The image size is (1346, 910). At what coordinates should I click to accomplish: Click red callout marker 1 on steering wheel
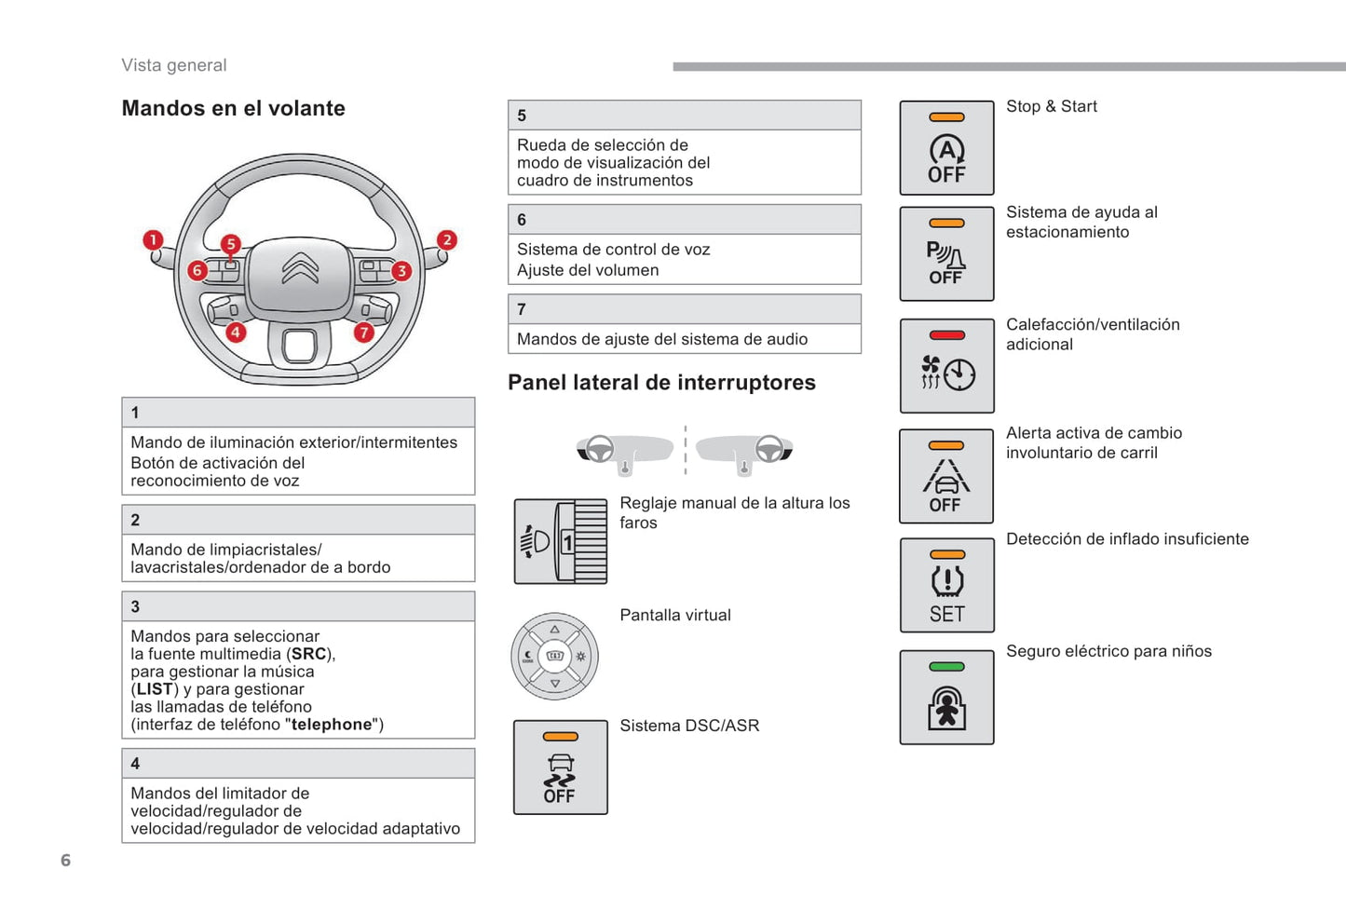pos(153,240)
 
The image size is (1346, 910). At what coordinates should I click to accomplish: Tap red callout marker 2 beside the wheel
pos(447,240)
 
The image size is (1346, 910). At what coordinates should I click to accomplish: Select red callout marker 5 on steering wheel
pos(230,244)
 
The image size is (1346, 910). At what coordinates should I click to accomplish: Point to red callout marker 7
pos(363,332)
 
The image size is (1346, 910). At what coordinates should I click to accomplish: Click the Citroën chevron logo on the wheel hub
pos(300,267)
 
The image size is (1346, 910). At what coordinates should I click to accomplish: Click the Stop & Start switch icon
pos(946,148)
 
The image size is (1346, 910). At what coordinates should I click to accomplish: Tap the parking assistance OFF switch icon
pos(946,254)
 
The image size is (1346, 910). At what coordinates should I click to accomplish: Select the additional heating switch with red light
pos(946,366)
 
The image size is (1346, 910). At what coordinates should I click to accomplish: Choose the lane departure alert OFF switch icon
pos(946,477)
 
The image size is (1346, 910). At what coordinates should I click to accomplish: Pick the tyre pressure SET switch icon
pos(946,586)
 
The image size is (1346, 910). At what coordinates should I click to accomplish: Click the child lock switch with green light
pos(946,698)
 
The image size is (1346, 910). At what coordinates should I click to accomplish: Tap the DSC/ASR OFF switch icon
pos(560,767)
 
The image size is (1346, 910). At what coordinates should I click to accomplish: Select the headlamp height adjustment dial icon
pos(561,541)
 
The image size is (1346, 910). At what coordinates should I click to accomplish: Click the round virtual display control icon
pos(555,656)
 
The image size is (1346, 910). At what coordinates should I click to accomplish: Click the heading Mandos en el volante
pos(233,109)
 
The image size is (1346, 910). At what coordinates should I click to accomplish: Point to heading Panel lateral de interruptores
pos(661,383)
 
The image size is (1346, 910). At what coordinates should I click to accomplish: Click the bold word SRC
pos(308,655)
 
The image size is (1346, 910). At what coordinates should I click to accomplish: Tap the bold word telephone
pos(331,725)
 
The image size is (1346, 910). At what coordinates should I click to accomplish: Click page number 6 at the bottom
pos(65,861)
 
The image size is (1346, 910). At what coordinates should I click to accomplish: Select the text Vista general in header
pos(174,65)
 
